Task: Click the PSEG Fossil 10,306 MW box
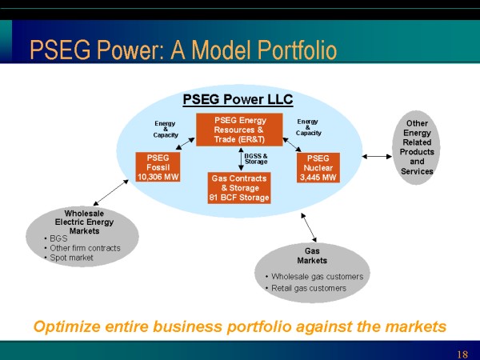click(158, 167)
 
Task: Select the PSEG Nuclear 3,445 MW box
click(318, 168)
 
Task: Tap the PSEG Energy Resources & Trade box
click(239, 130)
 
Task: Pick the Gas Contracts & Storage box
click(239, 188)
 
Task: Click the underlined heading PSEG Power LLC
click(238, 100)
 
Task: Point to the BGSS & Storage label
click(256, 159)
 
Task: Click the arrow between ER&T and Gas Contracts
click(241, 159)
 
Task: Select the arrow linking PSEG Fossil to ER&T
click(186, 143)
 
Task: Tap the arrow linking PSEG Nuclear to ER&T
click(292, 145)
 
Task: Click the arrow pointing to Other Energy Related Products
click(377, 157)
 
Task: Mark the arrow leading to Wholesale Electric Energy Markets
click(111, 193)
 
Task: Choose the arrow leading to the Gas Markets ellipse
click(309, 227)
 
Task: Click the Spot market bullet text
click(71, 258)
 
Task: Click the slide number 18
click(462, 354)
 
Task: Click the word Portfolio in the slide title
click(297, 50)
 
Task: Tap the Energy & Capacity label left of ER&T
click(166, 129)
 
